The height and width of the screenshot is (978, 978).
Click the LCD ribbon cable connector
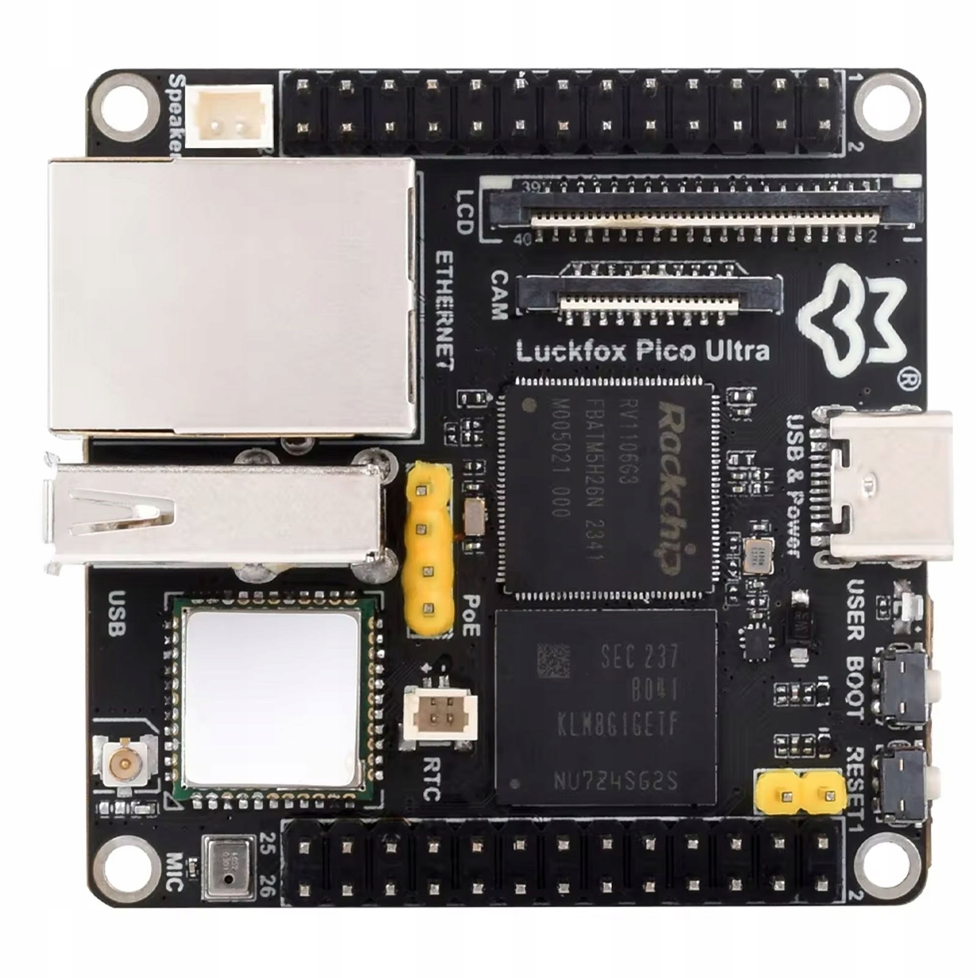coord(703,208)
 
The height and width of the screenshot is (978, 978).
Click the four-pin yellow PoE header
coord(428,550)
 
